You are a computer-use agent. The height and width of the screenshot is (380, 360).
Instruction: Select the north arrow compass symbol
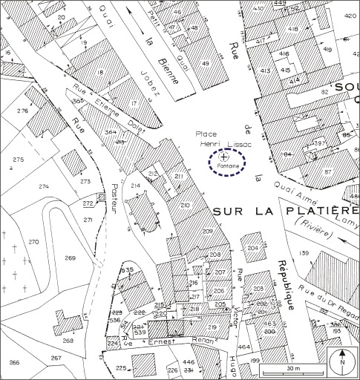click(x=342, y=363)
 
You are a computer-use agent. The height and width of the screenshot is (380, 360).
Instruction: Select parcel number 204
click(x=254, y=247)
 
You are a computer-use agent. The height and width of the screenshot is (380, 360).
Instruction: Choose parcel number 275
click(x=18, y=160)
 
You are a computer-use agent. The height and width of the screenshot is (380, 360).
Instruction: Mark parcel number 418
click(x=293, y=29)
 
